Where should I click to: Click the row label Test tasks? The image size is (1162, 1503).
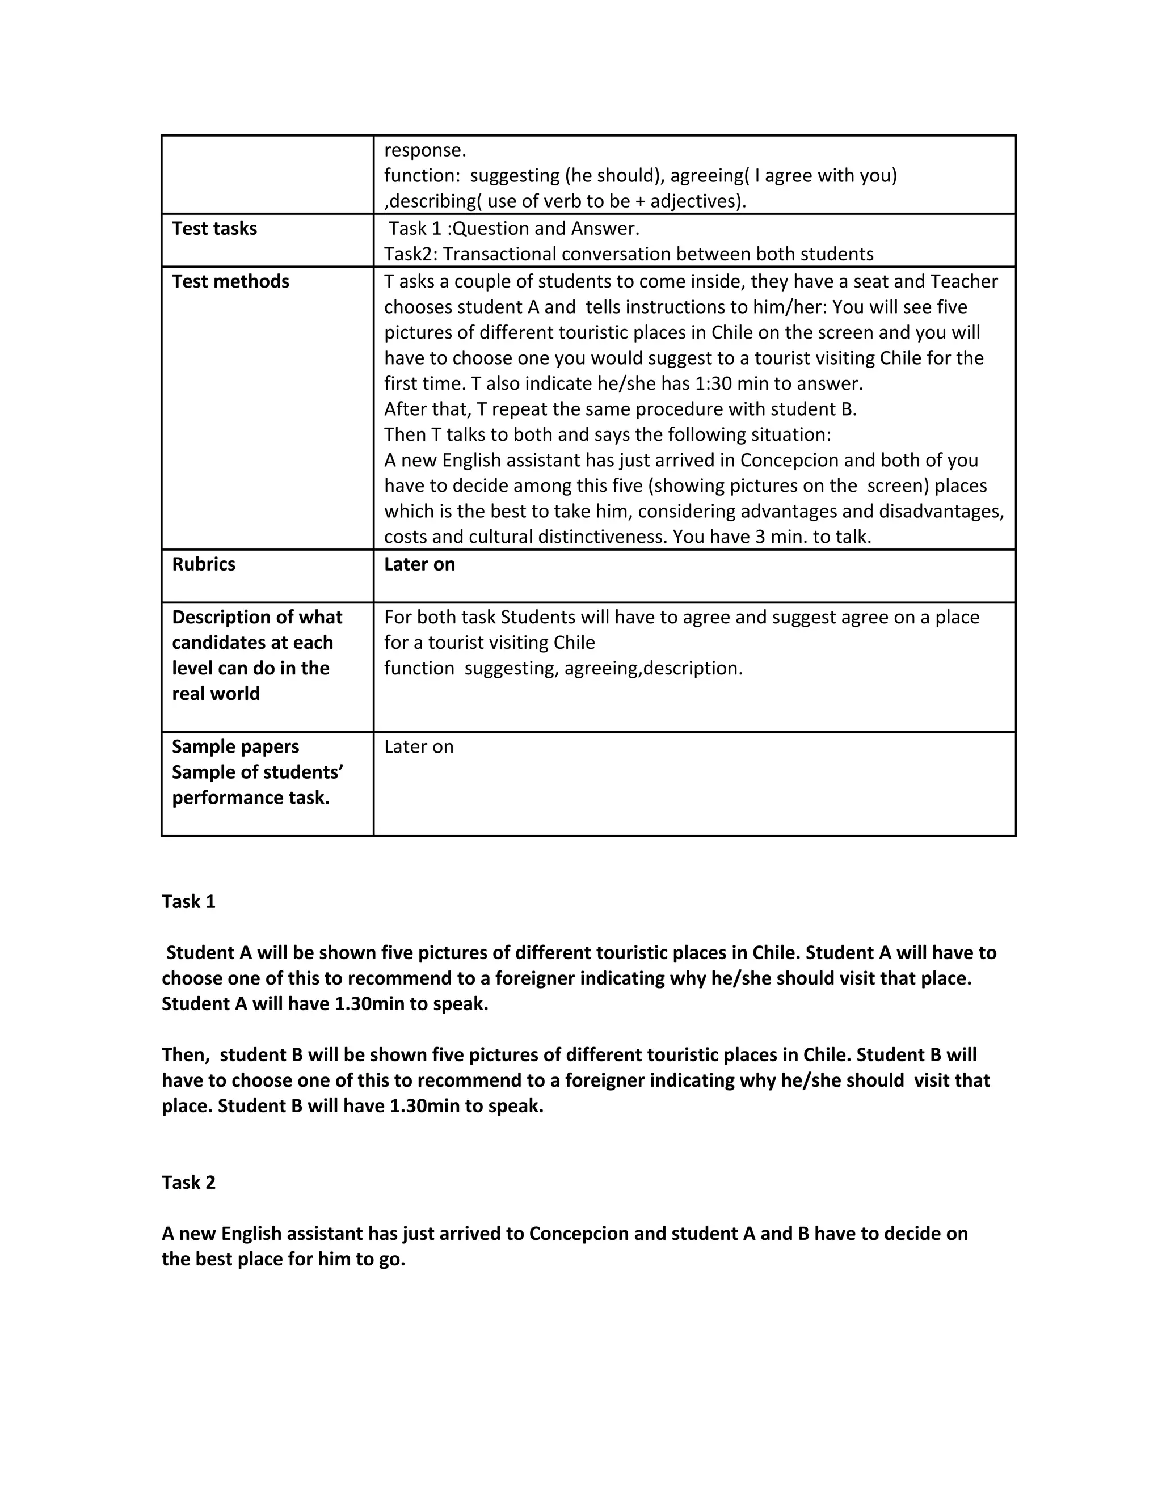(214, 229)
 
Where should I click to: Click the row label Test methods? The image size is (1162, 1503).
(230, 281)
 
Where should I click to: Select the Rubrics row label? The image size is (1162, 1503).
(203, 564)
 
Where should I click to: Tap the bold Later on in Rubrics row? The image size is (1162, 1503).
(419, 564)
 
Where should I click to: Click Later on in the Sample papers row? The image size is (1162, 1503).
(419, 747)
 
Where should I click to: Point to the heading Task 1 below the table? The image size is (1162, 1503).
(188, 902)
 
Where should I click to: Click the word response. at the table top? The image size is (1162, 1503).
(425, 150)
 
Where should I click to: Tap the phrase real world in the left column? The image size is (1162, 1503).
(216, 694)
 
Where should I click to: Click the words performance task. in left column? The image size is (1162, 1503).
(251, 797)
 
